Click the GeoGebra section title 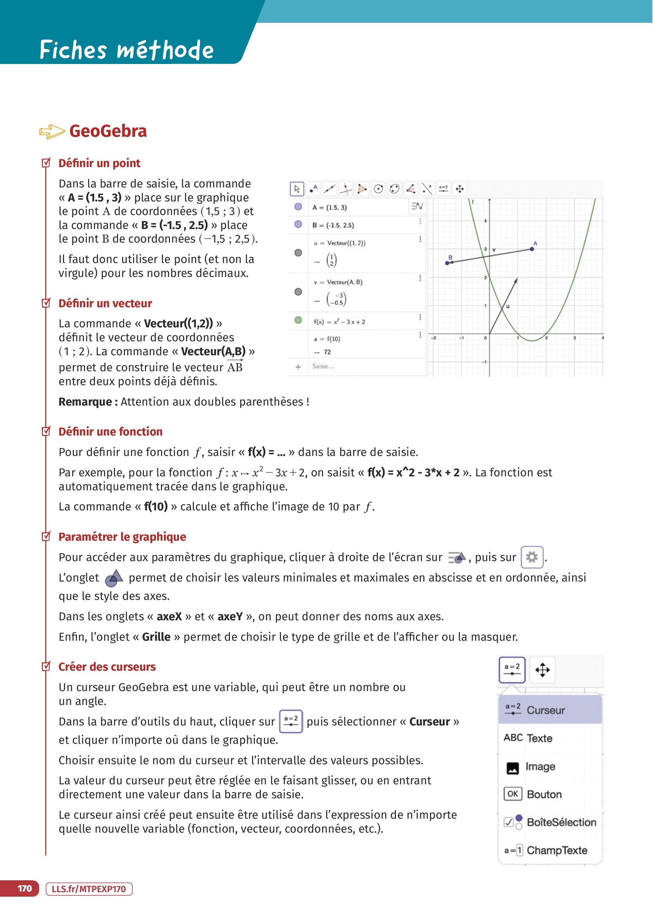[x=108, y=131]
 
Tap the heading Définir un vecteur [x=105, y=303]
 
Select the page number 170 [x=24, y=888]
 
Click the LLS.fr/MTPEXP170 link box [x=89, y=889]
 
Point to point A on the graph [x=532, y=249]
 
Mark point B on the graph [x=447, y=263]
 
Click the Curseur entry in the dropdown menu [x=545, y=710]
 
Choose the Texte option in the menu [x=539, y=738]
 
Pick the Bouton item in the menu [x=543, y=794]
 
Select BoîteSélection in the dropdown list [x=561, y=822]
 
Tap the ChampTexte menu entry [x=556, y=850]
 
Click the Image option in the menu [x=540, y=767]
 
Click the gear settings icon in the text [x=532, y=557]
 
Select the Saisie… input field [x=323, y=366]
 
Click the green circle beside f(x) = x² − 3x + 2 [x=298, y=321]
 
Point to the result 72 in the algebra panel [x=327, y=352]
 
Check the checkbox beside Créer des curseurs [x=46, y=667]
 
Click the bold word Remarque [x=85, y=402]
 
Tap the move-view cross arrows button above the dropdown [x=542, y=670]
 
